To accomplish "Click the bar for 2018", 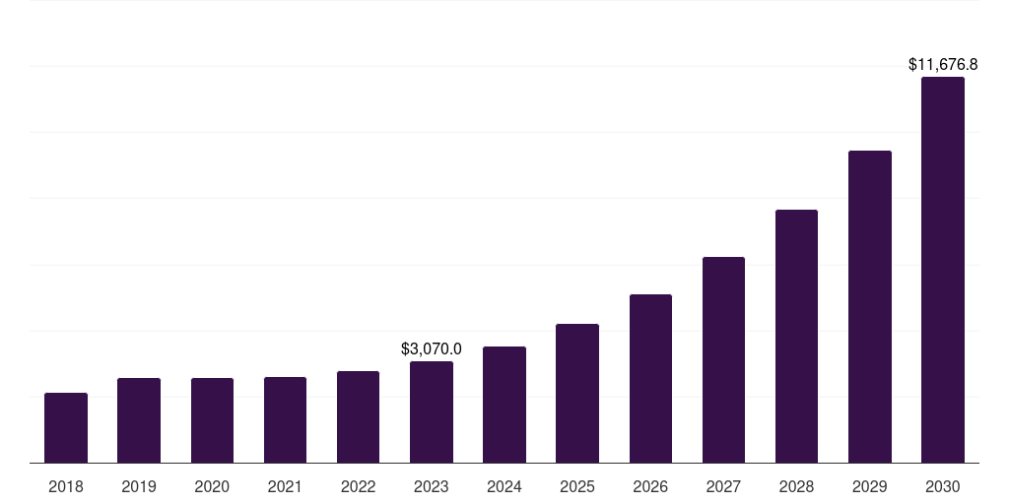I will point(66,428).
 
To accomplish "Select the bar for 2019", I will point(139,420).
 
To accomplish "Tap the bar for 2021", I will point(285,420).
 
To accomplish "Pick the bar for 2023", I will point(432,412).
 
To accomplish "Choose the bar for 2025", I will point(577,394).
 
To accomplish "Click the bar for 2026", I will point(650,379).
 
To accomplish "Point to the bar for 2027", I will point(723,360).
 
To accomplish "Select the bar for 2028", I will point(796,337).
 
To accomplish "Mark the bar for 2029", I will point(870,307).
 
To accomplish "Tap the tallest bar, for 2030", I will point(943,270).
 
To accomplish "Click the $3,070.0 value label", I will point(432,348).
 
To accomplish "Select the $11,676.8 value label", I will point(943,65).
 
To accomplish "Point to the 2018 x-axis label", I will point(66,486).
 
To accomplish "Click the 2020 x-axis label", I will point(212,486).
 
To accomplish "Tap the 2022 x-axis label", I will point(359,486).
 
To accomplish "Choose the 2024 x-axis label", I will point(504,486).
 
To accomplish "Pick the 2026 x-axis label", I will point(650,486).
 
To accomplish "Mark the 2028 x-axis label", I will point(796,486).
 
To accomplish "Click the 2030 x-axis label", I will point(943,486).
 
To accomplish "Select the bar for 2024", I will point(504,405).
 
